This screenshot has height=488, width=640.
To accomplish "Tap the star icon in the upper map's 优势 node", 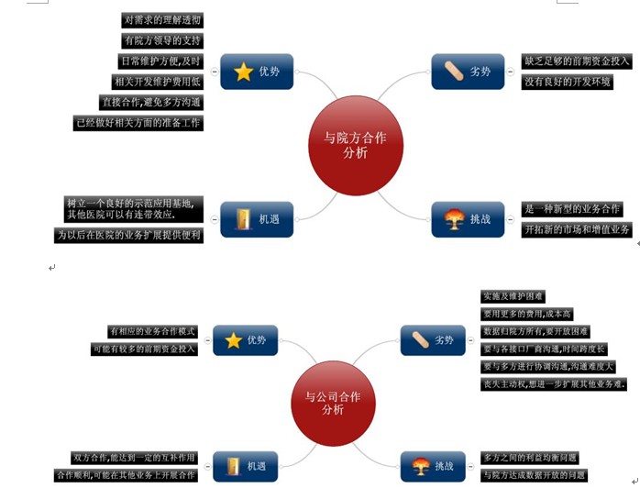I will click(x=243, y=72).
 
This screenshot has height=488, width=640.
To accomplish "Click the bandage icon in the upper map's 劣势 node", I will click(x=456, y=71).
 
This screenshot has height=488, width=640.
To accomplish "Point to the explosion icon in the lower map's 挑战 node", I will click(x=423, y=465).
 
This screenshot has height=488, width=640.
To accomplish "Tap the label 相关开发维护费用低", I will click(x=157, y=82).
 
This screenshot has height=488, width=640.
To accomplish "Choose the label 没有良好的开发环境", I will click(x=568, y=83).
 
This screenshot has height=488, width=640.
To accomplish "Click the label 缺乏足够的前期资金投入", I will click(x=577, y=61).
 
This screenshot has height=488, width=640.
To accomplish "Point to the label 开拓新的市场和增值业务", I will click(x=577, y=229).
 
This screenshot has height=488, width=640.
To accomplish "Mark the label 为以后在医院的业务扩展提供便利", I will click(x=128, y=236).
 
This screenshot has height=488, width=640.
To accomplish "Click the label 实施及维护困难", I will click(x=513, y=296).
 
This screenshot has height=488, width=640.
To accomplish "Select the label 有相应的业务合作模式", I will click(x=152, y=331).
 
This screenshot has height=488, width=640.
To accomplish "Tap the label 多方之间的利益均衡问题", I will click(x=530, y=458).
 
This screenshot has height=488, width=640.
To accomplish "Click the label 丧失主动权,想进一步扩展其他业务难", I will click(x=554, y=383).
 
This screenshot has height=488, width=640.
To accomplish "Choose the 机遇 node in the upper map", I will click(x=257, y=219).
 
